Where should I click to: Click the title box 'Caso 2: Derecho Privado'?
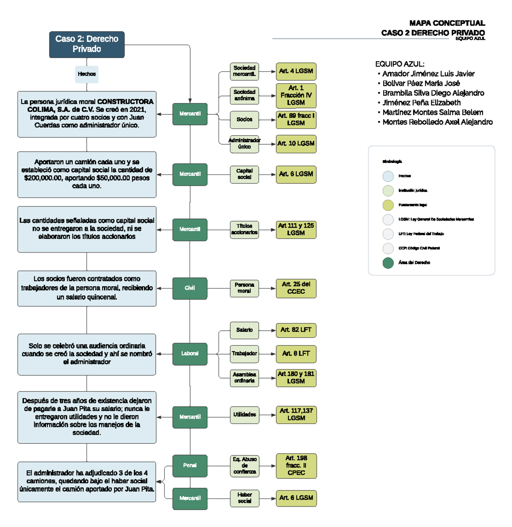(x=87, y=44)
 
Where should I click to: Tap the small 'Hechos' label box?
(x=87, y=74)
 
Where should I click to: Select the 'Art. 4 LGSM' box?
(x=296, y=71)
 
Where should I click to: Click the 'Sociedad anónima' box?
(x=244, y=95)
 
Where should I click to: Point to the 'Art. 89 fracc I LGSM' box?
(x=296, y=119)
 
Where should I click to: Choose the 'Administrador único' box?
(x=244, y=144)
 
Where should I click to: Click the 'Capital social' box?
(x=244, y=174)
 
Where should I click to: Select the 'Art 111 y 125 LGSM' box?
(x=296, y=230)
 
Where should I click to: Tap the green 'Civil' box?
(x=190, y=288)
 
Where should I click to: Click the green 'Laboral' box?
(x=190, y=354)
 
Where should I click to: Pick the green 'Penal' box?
(x=190, y=466)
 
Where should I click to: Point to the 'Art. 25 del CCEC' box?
(x=296, y=288)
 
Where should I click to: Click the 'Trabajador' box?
(x=244, y=354)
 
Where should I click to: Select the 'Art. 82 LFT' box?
(x=296, y=330)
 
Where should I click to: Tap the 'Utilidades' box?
(x=244, y=415)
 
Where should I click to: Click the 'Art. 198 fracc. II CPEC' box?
(x=296, y=466)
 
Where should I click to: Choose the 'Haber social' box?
(x=244, y=498)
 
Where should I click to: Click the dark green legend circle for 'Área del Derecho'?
(x=388, y=263)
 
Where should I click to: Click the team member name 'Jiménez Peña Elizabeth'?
(x=421, y=103)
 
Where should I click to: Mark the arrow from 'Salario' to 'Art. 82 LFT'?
(x=267, y=330)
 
